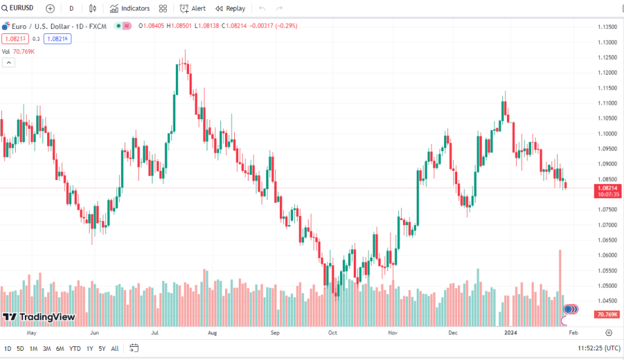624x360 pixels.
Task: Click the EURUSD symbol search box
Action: (x=18, y=9)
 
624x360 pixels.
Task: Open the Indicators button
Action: (x=130, y=9)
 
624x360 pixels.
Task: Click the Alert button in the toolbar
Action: (x=192, y=9)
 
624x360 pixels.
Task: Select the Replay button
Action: (x=230, y=9)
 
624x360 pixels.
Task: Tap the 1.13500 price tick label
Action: (x=608, y=27)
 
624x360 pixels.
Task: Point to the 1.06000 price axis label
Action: (x=608, y=255)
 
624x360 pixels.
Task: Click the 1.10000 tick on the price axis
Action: (x=608, y=134)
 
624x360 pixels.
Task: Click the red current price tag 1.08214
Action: (x=606, y=188)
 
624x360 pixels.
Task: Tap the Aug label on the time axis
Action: (x=213, y=333)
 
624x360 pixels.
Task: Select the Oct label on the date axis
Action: (x=332, y=333)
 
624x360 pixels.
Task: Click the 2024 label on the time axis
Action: (x=511, y=333)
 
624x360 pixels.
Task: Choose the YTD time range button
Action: (x=75, y=348)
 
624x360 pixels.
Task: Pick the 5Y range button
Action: (x=102, y=348)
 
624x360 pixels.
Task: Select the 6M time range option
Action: (x=60, y=348)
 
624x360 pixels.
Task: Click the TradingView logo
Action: (x=39, y=317)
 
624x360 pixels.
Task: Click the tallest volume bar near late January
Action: (x=560, y=288)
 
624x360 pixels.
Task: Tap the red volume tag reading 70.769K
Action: (x=606, y=315)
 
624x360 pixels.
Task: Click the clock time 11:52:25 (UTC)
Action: (x=598, y=348)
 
